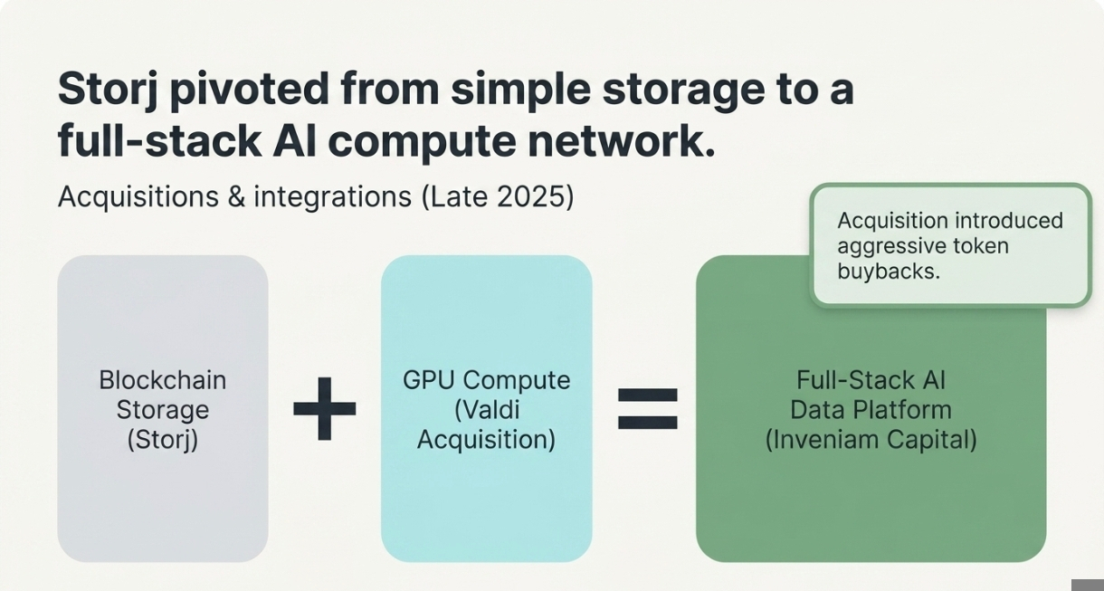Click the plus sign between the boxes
coord(324,408)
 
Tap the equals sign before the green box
coord(648,408)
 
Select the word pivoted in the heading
coord(250,90)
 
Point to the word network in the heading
coord(621,141)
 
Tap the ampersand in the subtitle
coord(236,196)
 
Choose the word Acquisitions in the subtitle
coord(138,197)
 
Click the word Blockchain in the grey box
coord(163,380)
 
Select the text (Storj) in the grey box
coord(163,440)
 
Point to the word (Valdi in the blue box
coord(487,410)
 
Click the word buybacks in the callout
coord(889,272)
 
